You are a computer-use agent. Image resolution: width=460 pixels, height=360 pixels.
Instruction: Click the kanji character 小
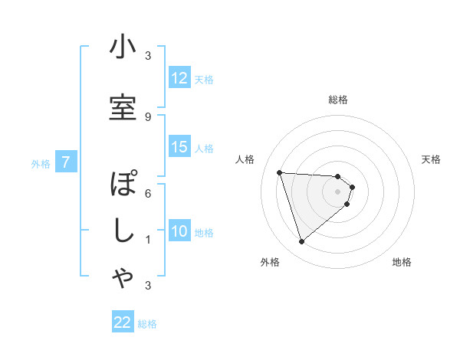[x=123, y=47]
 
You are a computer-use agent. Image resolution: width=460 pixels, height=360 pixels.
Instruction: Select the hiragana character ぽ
[x=123, y=185]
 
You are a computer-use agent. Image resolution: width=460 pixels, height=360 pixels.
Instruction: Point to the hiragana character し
[x=123, y=233]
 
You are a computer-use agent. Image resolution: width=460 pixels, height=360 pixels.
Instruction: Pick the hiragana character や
[x=123, y=279]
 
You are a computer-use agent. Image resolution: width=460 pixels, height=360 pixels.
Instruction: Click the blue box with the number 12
[x=179, y=78]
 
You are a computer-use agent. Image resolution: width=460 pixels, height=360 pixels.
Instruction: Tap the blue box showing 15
[x=179, y=148]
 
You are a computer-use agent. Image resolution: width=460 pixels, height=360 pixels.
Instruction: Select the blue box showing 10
[x=179, y=232]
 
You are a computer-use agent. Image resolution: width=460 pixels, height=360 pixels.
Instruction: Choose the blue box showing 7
[x=66, y=162]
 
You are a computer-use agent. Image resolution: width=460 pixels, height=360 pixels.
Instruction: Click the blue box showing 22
[x=123, y=323]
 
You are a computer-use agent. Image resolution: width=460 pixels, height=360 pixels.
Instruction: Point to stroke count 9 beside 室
[x=148, y=116]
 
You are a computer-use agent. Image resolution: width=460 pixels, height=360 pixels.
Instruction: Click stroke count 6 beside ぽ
[x=148, y=193]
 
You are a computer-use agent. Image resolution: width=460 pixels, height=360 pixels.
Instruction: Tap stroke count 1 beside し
[x=148, y=240]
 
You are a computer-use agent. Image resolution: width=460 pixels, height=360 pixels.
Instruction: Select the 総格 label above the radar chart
[x=338, y=100]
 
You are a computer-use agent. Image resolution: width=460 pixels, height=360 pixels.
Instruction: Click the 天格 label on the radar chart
[x=432, y=159]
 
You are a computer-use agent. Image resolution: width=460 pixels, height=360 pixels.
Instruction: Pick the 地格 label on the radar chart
[x=402, y=262]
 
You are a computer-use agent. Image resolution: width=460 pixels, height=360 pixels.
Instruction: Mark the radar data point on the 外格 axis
[x=301, y=242]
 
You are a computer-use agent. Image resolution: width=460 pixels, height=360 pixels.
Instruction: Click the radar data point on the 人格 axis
[x=279, y=172]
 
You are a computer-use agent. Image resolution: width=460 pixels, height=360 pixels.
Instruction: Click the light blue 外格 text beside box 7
[x=41, y=163]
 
